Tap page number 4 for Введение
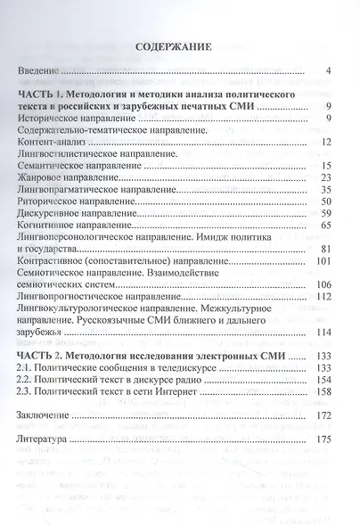[x=329, y=70]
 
